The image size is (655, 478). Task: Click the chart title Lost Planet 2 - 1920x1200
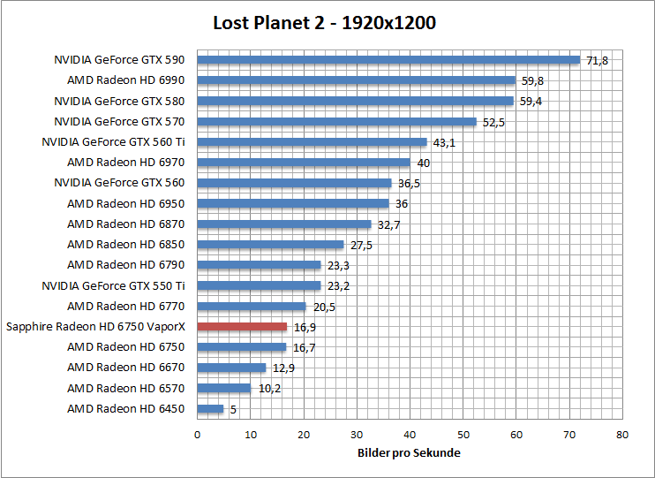[324, 23]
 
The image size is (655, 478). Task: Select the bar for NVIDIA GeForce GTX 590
[388, 60]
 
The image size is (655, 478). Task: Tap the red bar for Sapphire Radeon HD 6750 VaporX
[242, 327]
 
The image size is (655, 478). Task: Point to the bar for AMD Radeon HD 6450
[210, 409]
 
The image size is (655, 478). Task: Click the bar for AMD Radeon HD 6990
[356, 80]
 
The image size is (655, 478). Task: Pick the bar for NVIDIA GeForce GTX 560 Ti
[312, 142]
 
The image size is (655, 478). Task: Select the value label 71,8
[598, 60]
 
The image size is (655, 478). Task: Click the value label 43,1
[444, 142]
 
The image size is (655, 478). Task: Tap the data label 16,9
[305, 327]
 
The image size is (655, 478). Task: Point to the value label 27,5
[361, 245]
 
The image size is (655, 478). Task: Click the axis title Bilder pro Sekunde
[409, 453]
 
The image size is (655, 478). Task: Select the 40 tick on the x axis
[410, 435]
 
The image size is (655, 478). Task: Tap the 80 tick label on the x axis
[622, 435]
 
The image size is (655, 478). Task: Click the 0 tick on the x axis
[197, 435]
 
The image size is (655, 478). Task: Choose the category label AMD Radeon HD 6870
[126, 224]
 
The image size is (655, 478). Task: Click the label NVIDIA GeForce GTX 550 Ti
[113, 285]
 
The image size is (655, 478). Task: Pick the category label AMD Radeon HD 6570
[126, 389]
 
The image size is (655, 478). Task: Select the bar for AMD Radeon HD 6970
[304, 163]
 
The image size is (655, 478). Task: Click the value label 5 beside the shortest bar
[234, 409]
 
